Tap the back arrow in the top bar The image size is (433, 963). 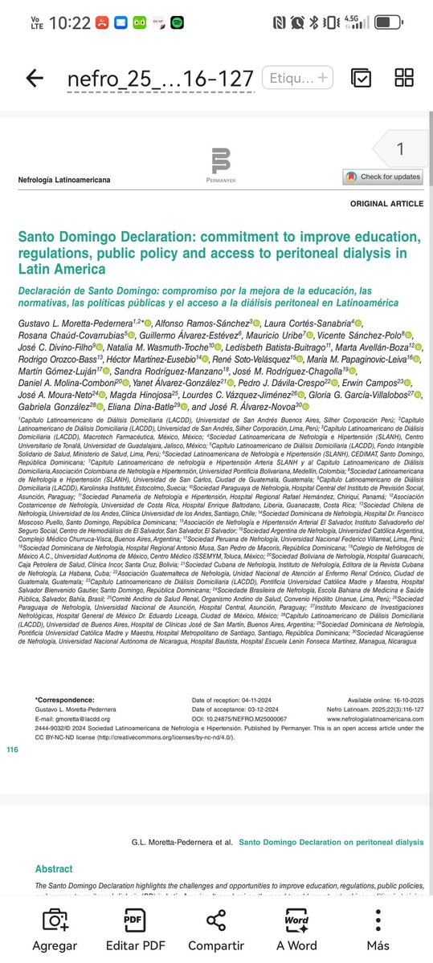35,78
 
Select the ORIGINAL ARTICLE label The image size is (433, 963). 386,204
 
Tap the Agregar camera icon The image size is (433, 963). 55,920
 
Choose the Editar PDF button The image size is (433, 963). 133,920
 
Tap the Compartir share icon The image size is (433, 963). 215,920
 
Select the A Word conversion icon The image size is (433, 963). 296,920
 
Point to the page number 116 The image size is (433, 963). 11,749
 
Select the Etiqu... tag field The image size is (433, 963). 296,78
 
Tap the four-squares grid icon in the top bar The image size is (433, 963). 404,78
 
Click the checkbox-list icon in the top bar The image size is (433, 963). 361,78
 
